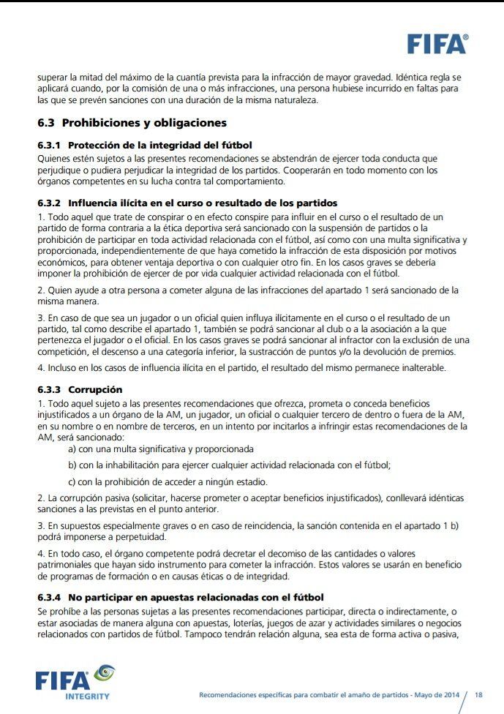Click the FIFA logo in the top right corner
(x=437, y=44)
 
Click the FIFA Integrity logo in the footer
(x=73, y=682)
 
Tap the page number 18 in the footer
(x=479, y=694)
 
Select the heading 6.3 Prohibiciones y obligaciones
(x=132, y=123)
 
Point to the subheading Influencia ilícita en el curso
(x=203, y=203)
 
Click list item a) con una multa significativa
(x=161, y=449)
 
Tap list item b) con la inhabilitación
(x=229, y=465)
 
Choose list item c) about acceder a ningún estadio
(x=168, y=481)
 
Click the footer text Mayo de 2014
(x=427, y=695)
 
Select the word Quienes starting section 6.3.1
(x=55, y=158)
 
